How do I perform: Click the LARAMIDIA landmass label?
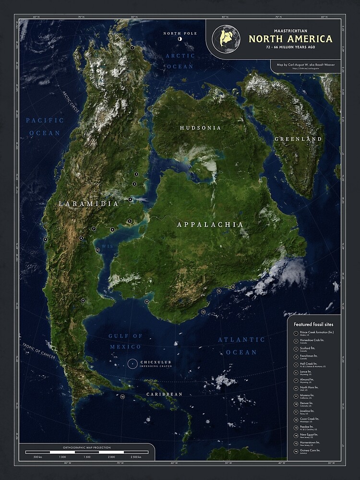pos(88,204)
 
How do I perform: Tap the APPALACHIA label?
pos(210,224)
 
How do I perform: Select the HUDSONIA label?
pos(201,128)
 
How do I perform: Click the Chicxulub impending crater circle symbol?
pos(132,364)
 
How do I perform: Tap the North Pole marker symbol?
pos(180,39)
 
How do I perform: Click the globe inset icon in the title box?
pos(226,38)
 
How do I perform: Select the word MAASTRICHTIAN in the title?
pos(289,30)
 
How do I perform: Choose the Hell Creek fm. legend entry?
pos(310,364)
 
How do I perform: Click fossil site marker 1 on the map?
pos(132,48)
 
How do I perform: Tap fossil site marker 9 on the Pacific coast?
pos(45,239)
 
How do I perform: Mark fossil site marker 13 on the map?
pos(203,312)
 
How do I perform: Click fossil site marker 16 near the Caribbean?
pos(122,396)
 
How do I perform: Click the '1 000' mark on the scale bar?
pos(62,457)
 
